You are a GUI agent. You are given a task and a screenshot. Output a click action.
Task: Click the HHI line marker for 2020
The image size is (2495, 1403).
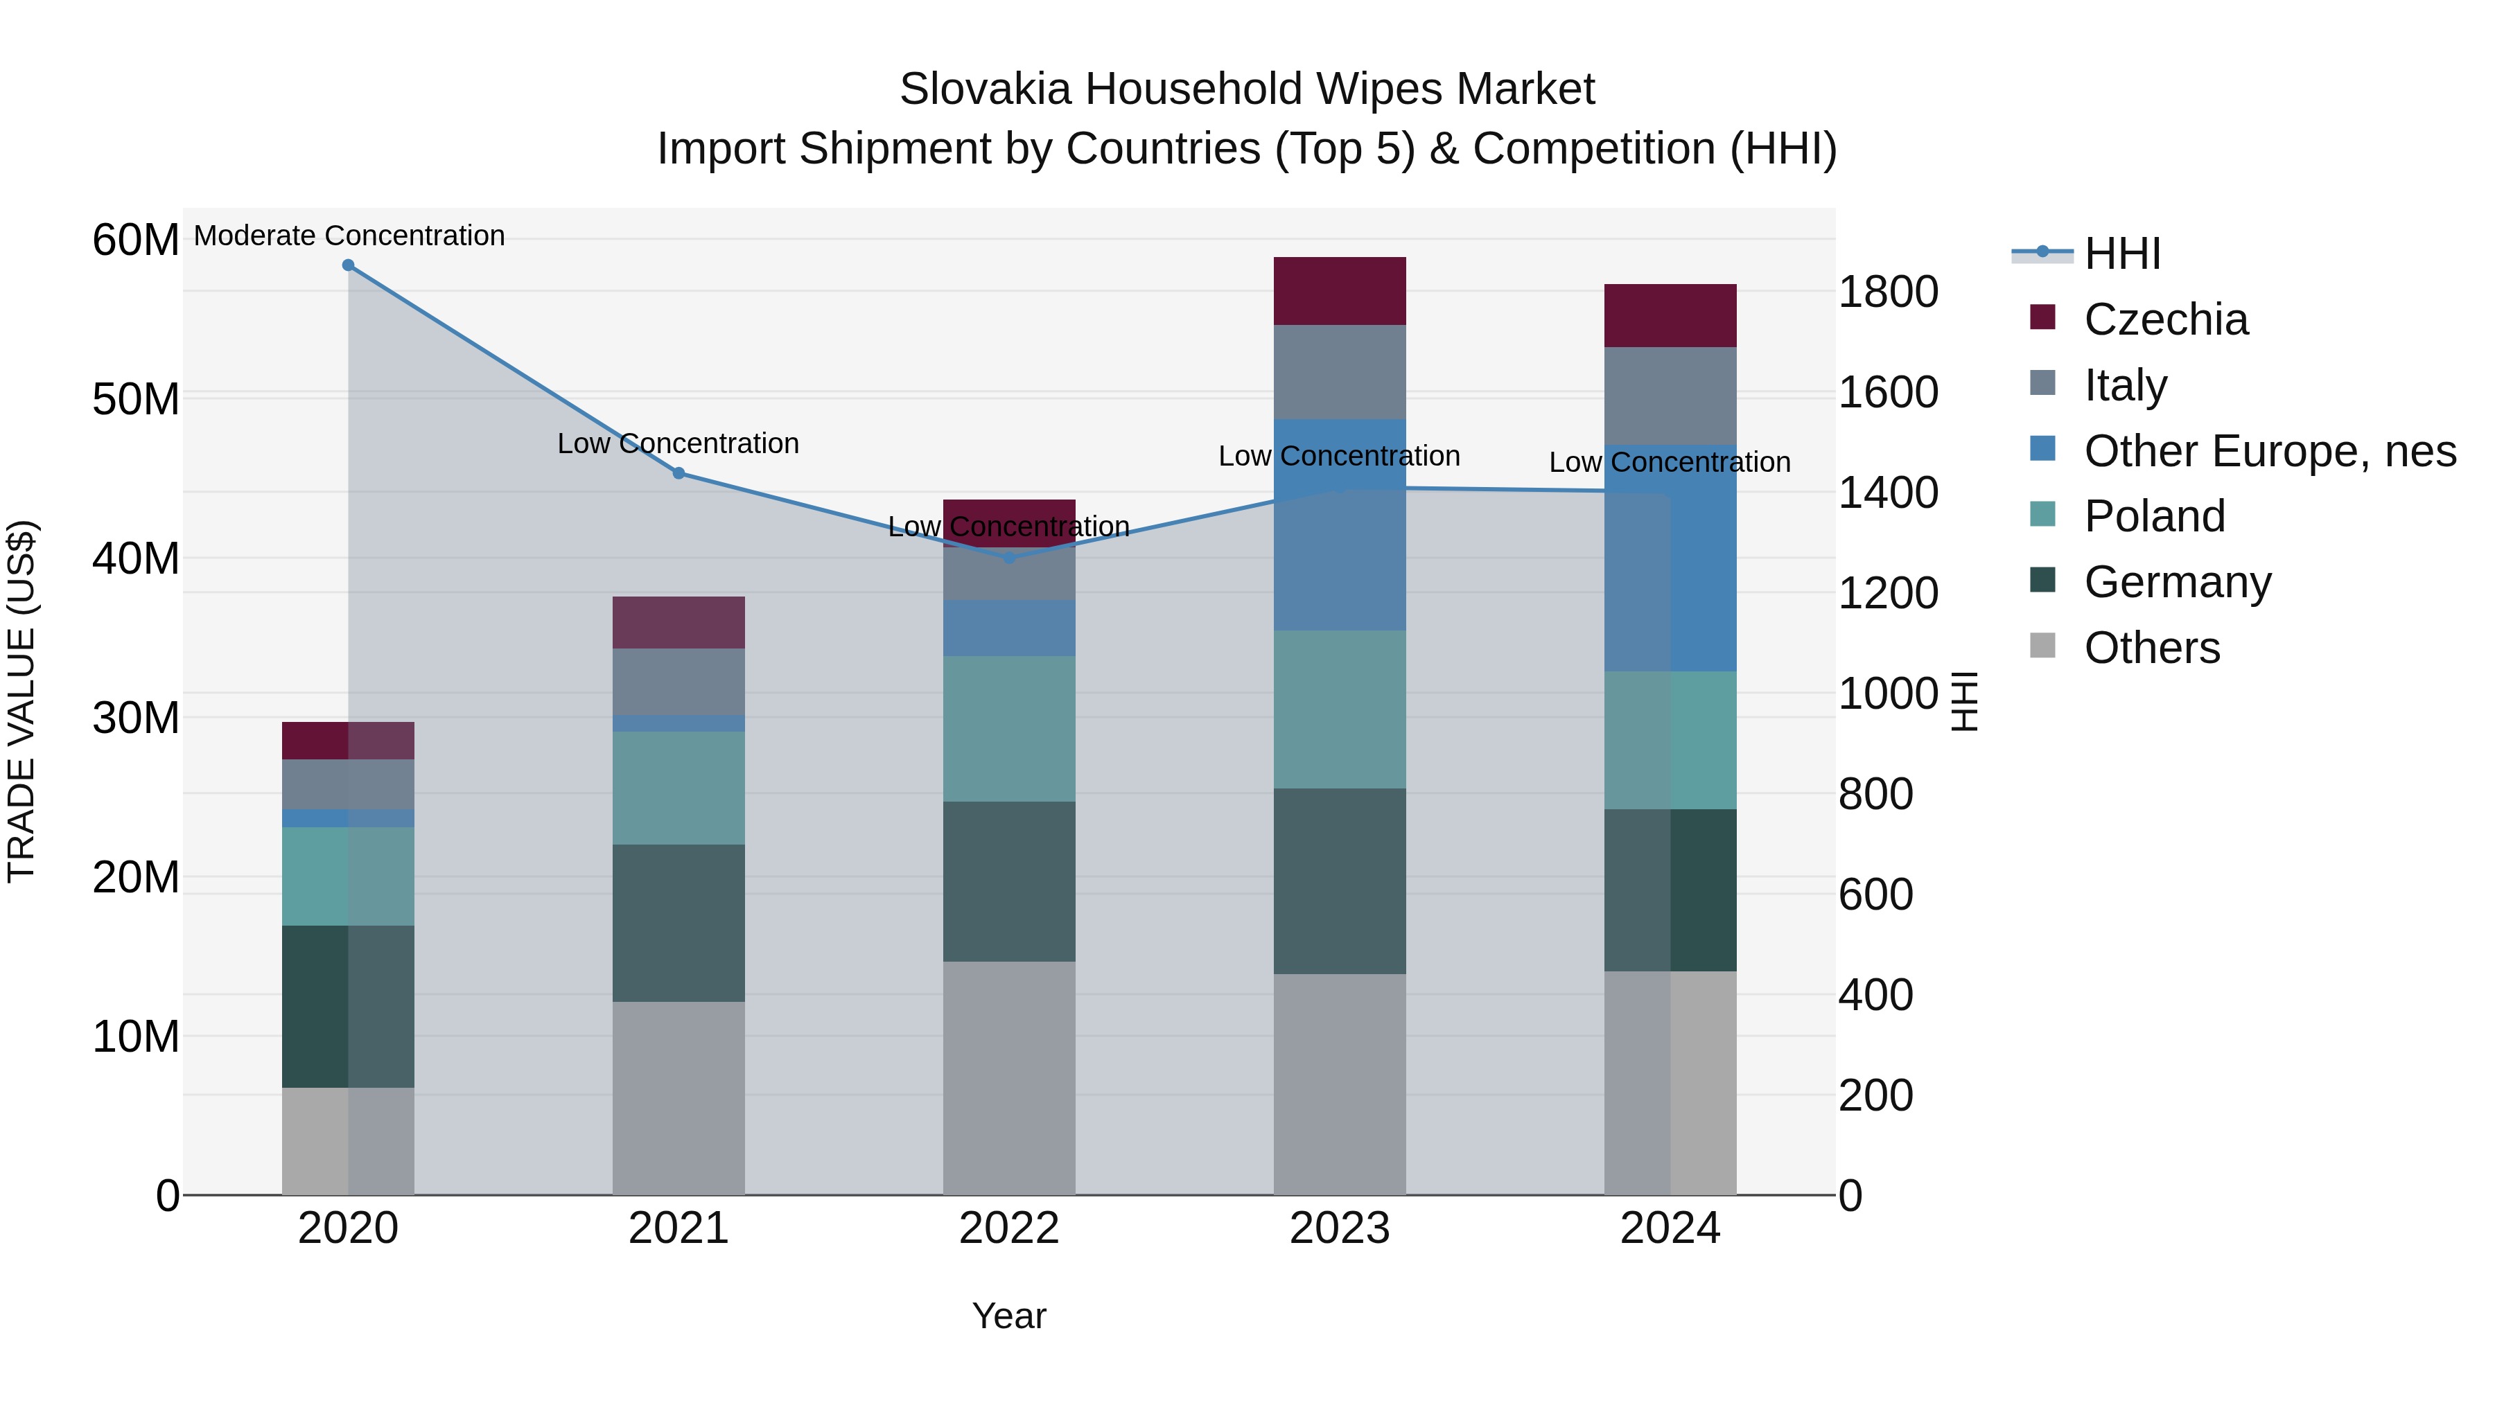pos(348,265)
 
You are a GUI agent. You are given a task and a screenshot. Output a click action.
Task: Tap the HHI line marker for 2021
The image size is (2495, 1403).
pos(679,473)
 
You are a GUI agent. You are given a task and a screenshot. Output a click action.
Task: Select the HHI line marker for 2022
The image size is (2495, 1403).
pos(1009,558)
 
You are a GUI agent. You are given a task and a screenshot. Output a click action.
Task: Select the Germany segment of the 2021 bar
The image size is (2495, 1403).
pos(679,923)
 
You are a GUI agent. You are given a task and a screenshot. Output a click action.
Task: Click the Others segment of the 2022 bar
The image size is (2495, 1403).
pos(1009,1077)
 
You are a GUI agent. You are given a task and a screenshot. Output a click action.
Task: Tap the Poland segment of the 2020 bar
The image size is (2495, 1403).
pos(348,876)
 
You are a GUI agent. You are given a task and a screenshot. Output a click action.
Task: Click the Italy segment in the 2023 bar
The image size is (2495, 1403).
pos(1340,372)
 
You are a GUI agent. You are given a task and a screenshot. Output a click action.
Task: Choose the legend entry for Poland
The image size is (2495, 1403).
pos(2154,516)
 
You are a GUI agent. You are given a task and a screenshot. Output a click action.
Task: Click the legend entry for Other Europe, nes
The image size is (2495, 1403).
pos(2269,451)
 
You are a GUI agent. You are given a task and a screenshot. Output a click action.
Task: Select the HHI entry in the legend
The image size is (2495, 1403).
pos(2122,254)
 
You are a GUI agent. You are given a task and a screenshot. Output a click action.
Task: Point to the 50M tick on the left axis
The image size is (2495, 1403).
pos(136,399)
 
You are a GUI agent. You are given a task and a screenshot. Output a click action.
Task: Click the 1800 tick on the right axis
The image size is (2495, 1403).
pos(1888,292)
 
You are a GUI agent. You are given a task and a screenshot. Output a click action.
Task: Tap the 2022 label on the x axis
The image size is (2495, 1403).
pos(1009,1228)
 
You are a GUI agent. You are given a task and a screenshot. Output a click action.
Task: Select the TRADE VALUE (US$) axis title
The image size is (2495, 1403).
pos(21,701)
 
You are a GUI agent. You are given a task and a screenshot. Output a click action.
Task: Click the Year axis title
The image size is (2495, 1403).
pos(1009,1316)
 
